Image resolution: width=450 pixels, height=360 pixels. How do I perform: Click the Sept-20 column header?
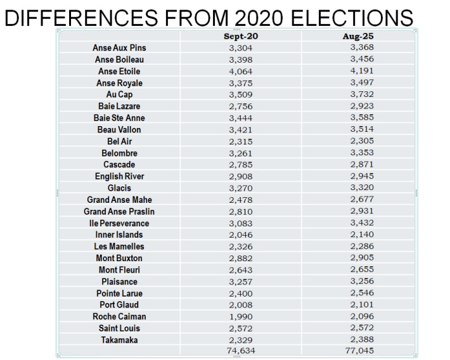pos(240,36)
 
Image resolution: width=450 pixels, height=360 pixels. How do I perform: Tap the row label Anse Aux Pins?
pos(120,48)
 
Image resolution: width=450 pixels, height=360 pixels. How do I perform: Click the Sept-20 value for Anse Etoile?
pos(240,71)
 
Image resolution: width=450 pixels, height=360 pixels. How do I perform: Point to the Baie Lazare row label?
pos(120,106)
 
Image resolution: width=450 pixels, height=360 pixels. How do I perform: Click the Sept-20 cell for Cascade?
pos(240,165)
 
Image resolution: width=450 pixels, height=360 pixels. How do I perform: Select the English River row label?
pos(120,177)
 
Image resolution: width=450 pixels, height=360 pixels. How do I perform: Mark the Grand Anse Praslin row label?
pos(120,212)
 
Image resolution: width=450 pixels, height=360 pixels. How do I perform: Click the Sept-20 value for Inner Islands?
pos(240,235)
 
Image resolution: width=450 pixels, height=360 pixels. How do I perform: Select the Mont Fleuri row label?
pos(120,270)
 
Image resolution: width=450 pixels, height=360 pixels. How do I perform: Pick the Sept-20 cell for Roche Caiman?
pos(240,316)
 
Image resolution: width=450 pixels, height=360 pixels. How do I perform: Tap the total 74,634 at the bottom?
pos(240,350)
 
